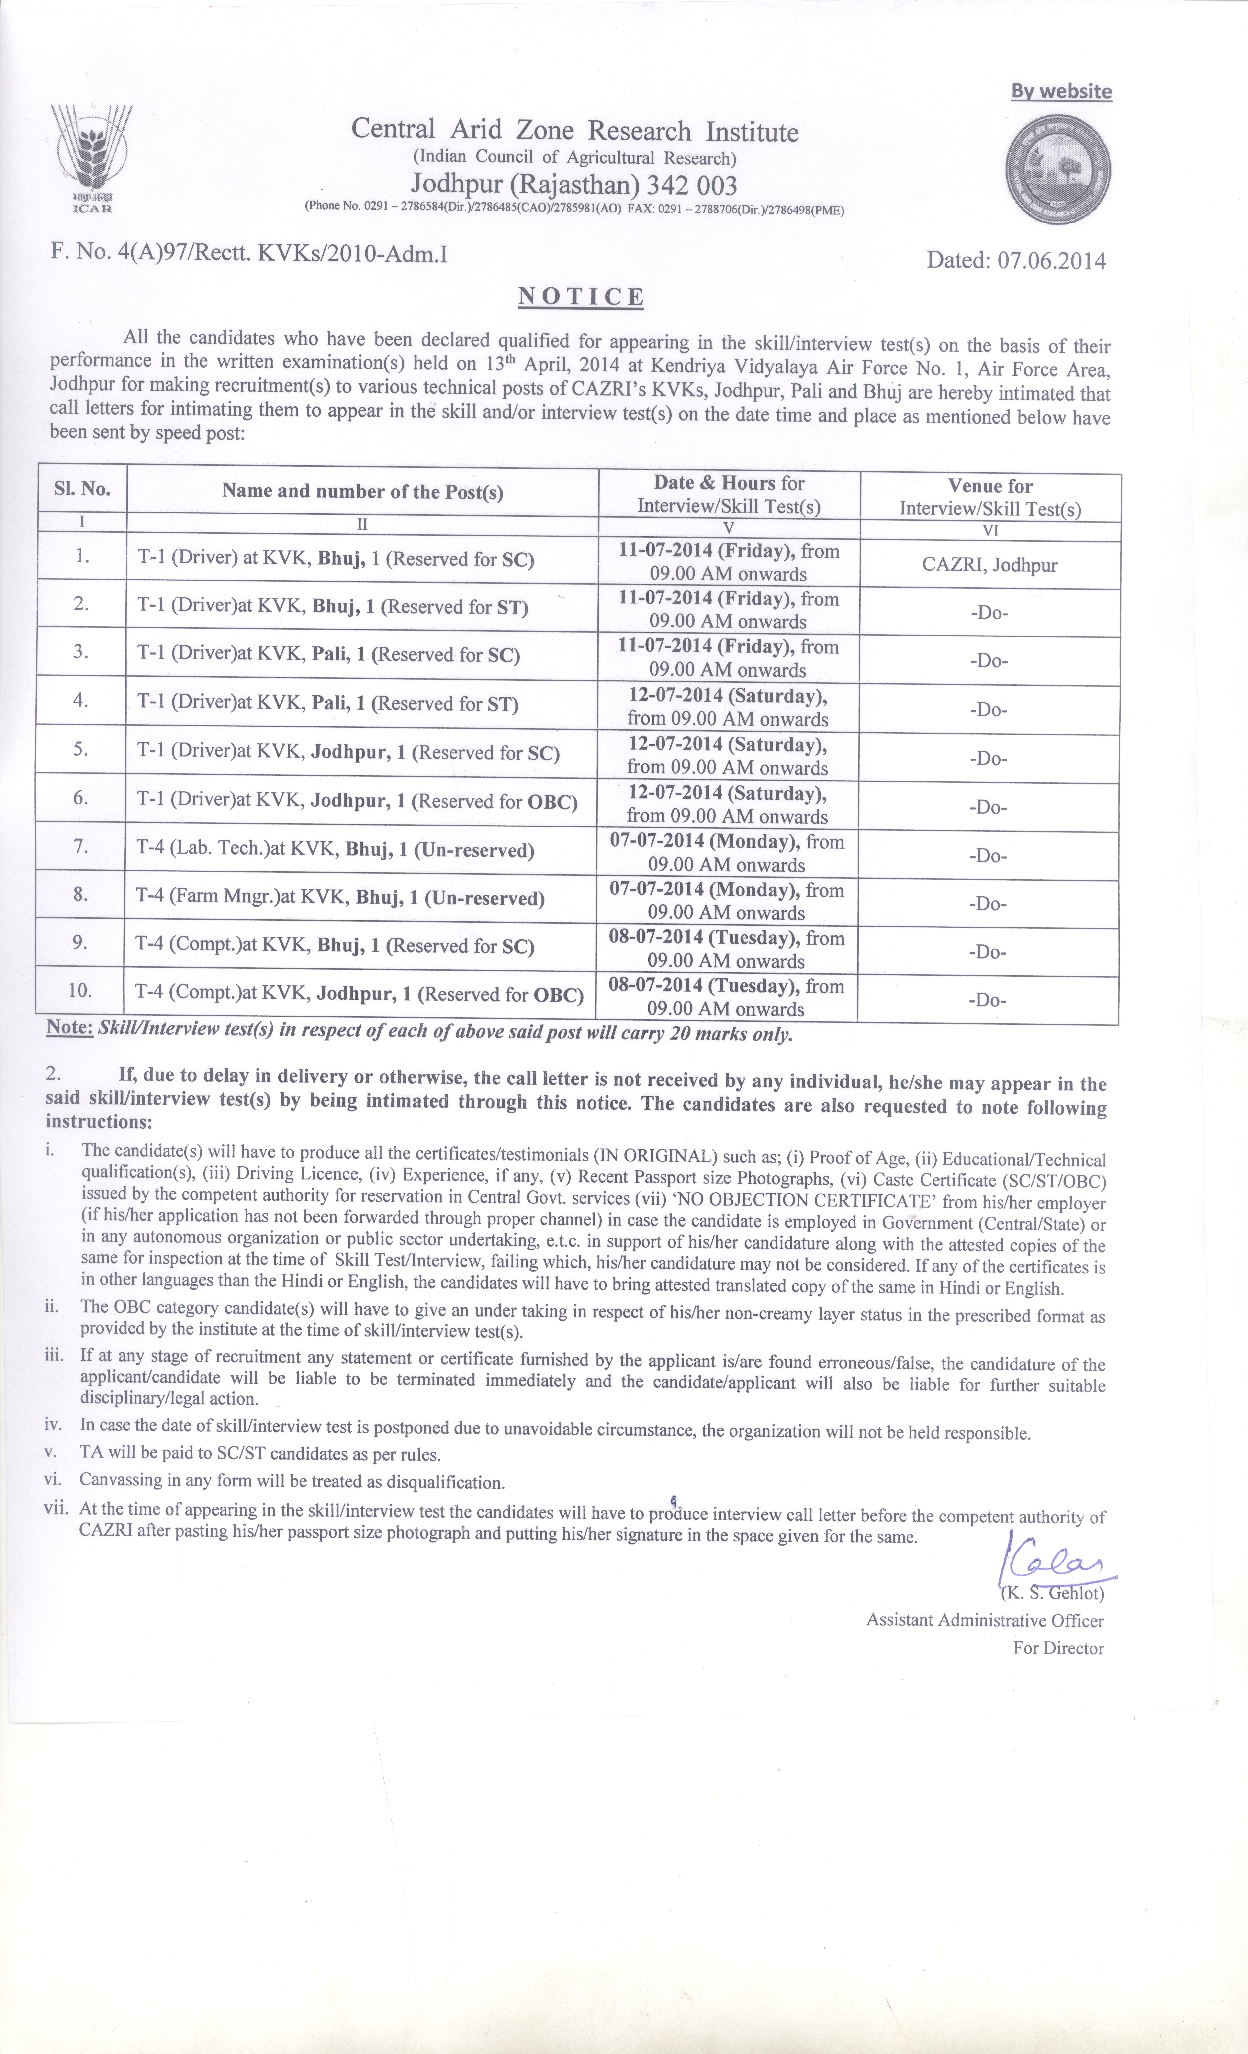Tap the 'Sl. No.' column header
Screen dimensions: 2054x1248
coord(82,489)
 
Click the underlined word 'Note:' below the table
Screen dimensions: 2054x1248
coord(69,1028)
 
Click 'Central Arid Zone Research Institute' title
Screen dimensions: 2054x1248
coord(574,131)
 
